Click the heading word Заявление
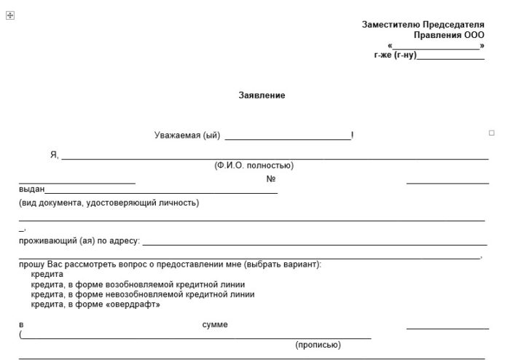click(x=262, y=95)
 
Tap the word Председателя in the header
click(x=453, y=25)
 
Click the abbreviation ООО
click(x=474, y=35)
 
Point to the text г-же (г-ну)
click(x=394, y=55)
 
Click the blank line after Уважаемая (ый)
click(x=288, y=136)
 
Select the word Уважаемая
click(x=177, y=136)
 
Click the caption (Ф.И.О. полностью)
click(x=254, y=165)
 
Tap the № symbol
click(x=270, y=179)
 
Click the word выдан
click(x=31, y=189)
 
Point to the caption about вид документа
click(x=109, y=203)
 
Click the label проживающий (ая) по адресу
click(x=79, y=240)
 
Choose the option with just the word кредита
click(x=47, y=274)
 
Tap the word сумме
click(x=215, y=324)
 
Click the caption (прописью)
click(x=318, y=345)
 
